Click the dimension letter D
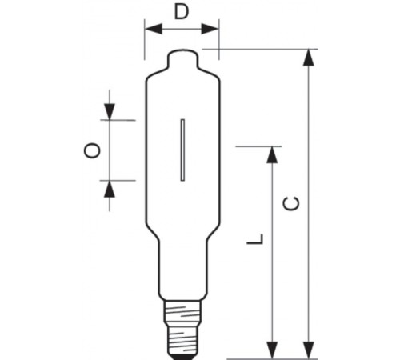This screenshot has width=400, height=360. tap(182, 13)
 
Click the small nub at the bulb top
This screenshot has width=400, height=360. tap(183, 58)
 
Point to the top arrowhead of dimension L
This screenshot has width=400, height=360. tap(273, 153)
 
